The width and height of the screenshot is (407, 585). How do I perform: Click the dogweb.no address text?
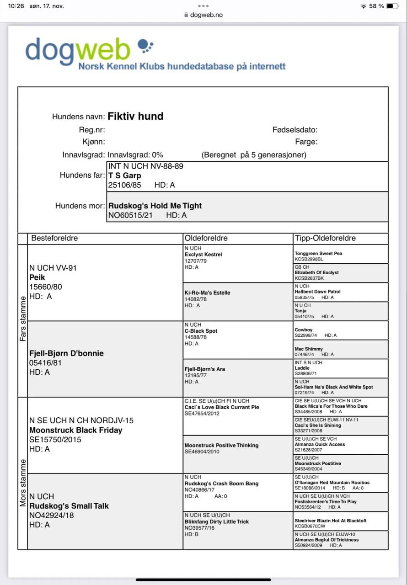(206, 15)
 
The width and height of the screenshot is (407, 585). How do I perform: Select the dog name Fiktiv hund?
(135, 116)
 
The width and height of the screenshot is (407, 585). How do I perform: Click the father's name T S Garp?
(124, 175)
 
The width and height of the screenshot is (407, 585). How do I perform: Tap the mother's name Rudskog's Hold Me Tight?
(155, 206)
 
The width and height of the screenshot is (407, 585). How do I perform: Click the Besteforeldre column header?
(54, 238)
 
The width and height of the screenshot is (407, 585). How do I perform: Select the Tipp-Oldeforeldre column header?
(325, 238)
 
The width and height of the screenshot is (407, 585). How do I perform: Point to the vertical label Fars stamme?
(23, 321)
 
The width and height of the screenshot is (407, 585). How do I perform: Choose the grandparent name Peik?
(37, 277)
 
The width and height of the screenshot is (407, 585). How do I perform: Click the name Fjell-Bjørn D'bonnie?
(66, 353)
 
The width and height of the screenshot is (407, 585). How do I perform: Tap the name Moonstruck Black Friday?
(75, 430)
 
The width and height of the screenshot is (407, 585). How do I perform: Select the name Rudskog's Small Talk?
(69, 506)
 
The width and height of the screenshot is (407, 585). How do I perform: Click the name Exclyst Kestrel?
(203, 255)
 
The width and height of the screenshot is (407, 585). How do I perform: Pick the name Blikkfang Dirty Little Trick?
(217, 521)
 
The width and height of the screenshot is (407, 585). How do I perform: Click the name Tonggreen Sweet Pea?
(318, 253)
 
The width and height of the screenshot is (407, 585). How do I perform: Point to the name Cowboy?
(304, 330)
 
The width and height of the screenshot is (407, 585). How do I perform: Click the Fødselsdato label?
(295, 130)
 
